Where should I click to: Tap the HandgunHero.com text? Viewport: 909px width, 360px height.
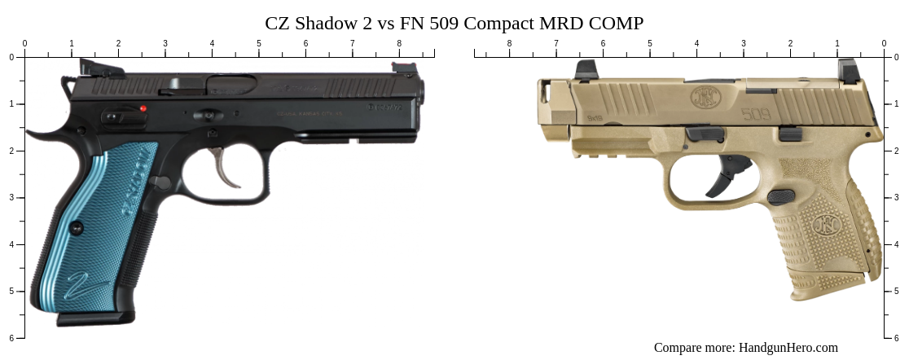click(788, 348)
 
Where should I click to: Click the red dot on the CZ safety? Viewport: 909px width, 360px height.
click(143, 108)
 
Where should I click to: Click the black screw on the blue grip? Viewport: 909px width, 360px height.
click(77, 228)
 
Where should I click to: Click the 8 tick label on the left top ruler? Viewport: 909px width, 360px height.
click(399, 44)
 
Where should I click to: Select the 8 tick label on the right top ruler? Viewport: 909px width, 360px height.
click(510, 44)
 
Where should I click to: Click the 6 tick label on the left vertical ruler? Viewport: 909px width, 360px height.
click(11, 338)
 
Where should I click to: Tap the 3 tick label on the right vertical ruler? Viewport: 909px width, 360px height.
click(898, 198)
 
